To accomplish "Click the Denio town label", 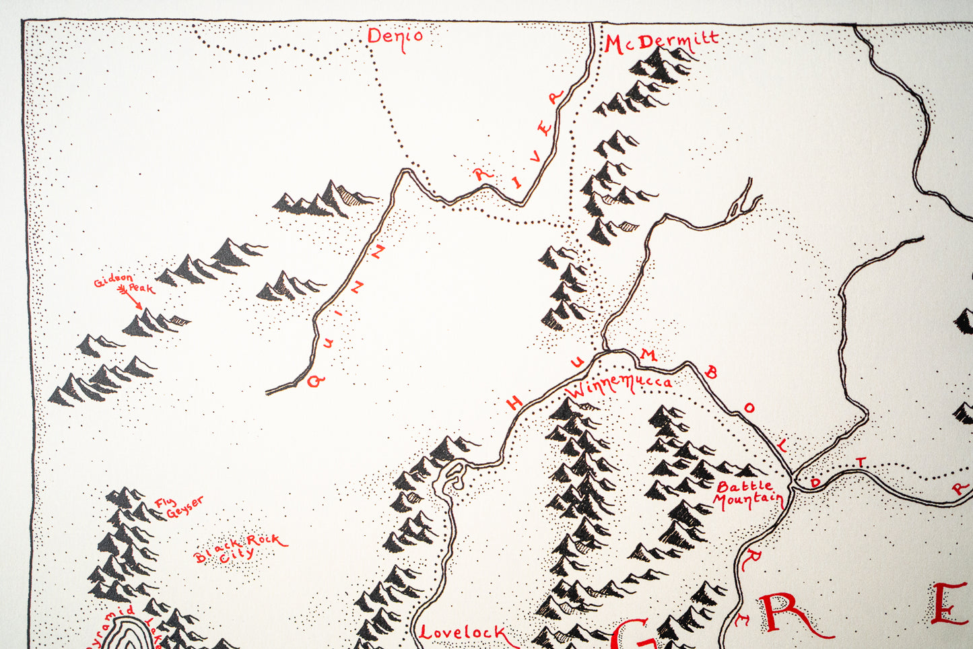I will [x=395, y=36].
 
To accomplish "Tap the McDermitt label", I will [x=661, y=42].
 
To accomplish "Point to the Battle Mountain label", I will [x=747, y=493].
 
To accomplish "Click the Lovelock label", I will [x=463, y=632].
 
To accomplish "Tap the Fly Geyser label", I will [x=178, y=507].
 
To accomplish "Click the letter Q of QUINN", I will [x=315, y=381].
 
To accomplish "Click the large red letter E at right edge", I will [x=951, y=605].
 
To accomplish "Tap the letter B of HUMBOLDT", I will [x=711, y=373].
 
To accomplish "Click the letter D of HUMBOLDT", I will [x=816, y=482].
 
